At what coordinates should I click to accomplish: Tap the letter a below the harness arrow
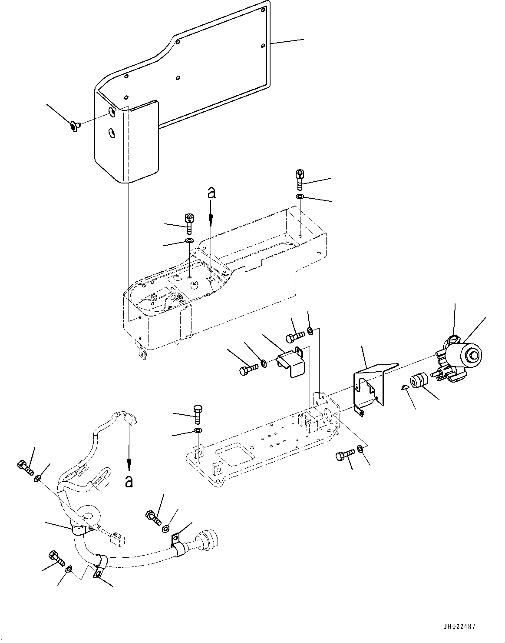(129, 481)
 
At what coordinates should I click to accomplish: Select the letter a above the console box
(211, 193)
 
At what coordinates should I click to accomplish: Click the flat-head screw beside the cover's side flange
(75, 126)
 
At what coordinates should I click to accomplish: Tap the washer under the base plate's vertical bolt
(198, 431)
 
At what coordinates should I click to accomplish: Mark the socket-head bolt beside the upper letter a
(189, 222)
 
